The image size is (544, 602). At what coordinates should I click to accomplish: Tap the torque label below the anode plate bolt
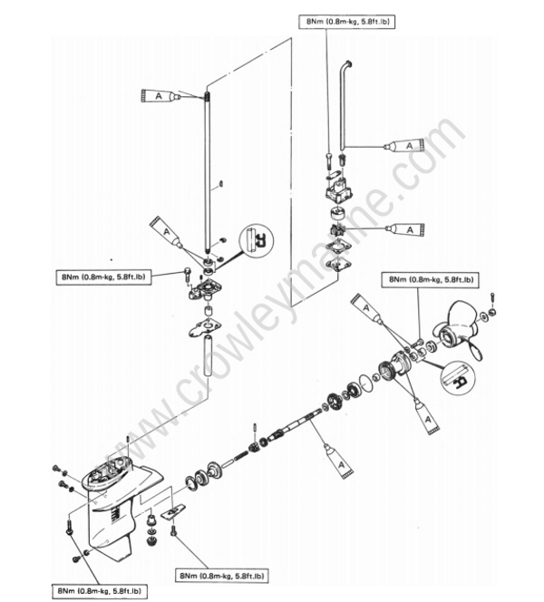(221, 576)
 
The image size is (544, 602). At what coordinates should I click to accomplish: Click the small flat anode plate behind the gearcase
(175, 514)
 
